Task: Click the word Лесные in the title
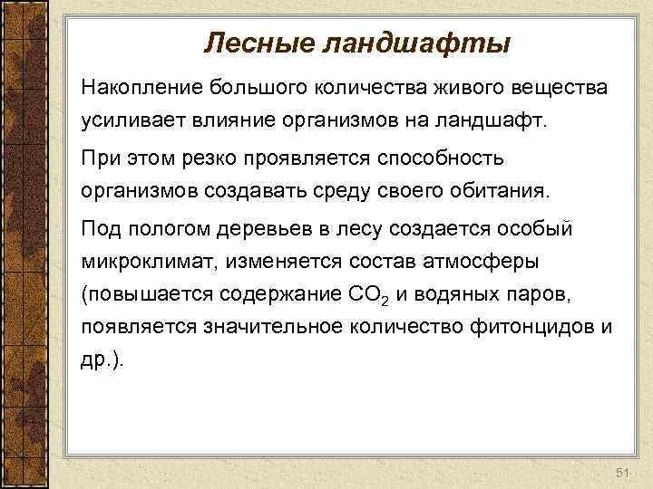click(x=249, y=42)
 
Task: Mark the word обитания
click(x=487, y=192)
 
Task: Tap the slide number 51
click(x=621, y=474)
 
